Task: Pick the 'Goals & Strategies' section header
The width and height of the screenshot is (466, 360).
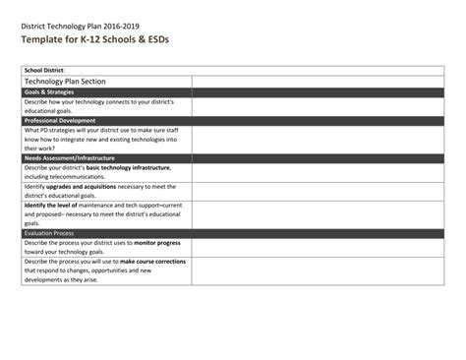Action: (53, 91)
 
